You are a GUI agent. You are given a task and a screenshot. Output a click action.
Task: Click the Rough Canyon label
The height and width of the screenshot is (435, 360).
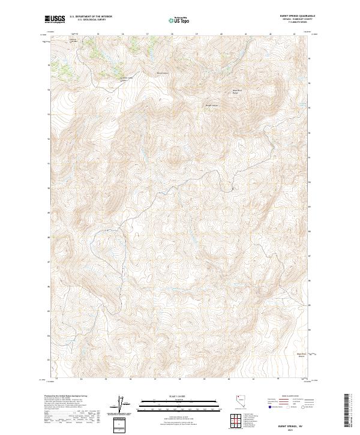click(212, 106)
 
